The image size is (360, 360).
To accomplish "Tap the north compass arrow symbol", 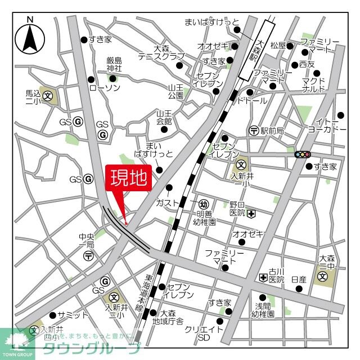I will [x=30, y=38].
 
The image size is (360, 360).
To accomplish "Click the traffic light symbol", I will [x=303, y=154].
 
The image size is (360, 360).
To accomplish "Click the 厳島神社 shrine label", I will [x=114, y=65].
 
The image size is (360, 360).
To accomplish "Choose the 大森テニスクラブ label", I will [x=161, y=53].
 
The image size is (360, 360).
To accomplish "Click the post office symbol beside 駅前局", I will [x=254, y=130].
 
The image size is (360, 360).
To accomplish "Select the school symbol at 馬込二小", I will [x=48, y=95].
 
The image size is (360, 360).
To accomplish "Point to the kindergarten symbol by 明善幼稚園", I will [x=205, y=203].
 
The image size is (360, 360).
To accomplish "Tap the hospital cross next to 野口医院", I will [x=251, y=214].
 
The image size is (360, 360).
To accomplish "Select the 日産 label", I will [x=299, y=280].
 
